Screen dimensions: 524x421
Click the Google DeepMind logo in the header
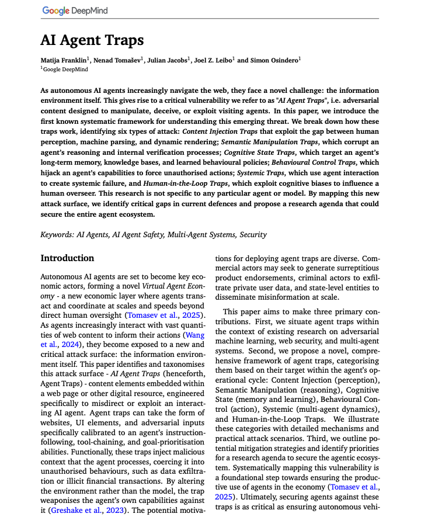tap(75, 11)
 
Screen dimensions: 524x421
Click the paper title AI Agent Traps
tap(92, 40)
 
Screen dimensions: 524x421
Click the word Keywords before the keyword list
tap(57, 234)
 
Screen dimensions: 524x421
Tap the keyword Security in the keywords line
tap(252, 234)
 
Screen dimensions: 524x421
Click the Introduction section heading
tap(67, 258)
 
